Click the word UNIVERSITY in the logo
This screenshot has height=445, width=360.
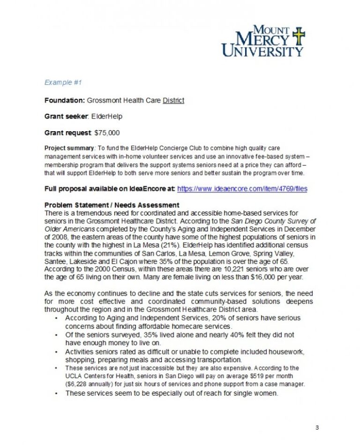[262, 51]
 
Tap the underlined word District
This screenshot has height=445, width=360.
[173, 100]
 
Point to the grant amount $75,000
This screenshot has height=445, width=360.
[107, 133]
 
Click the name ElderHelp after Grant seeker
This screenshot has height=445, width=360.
[107, 116]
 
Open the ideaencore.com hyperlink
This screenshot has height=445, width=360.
[242, 189]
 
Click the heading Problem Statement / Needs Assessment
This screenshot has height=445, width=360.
[112, 205]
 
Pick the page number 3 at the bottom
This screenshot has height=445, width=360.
[317, 427]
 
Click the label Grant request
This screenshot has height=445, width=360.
[67, 133]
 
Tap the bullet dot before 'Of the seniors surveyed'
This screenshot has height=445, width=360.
[56, 335]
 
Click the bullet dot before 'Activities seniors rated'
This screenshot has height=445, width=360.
[56, 352]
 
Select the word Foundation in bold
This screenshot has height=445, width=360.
[64, 100]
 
